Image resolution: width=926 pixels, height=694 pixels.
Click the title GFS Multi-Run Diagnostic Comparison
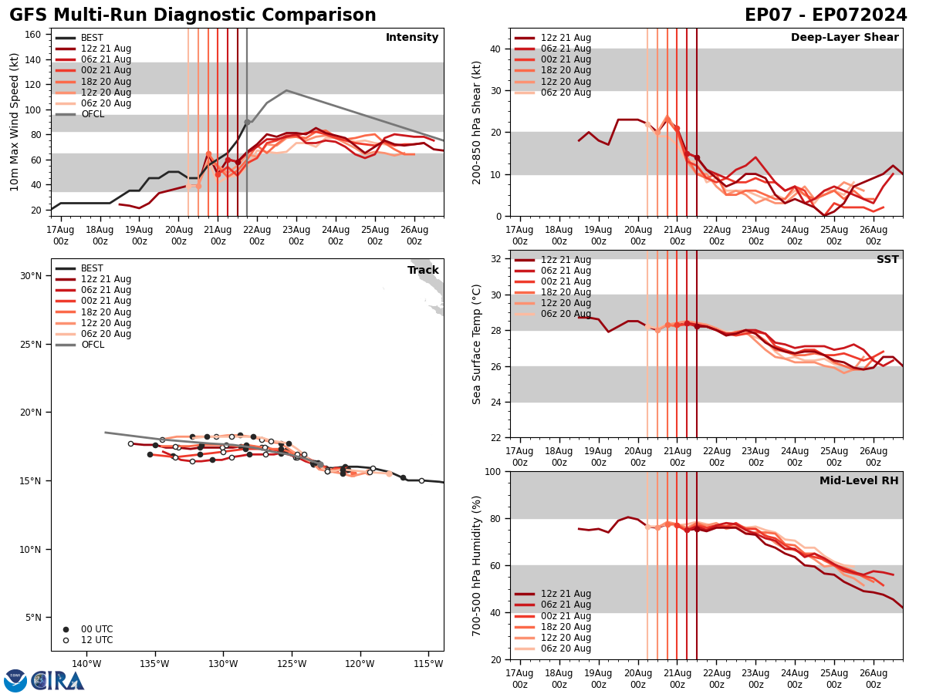[x=193, y=15]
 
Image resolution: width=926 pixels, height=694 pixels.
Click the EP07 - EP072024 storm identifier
[x=826, y=15]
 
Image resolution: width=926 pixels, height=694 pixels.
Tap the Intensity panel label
[x=412, y=38]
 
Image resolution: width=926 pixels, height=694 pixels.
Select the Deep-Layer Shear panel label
[x=844, y=38]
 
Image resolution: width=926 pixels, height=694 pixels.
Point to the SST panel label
[x=887, y=260]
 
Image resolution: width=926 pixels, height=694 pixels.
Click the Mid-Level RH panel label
[x=859, y=481]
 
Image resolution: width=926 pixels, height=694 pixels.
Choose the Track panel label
[x=423, y=271]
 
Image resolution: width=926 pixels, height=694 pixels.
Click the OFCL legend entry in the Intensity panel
[x=92, y=114]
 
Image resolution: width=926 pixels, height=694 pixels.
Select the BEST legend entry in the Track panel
[x=92, y=268]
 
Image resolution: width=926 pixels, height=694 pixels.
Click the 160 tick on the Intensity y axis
[x=34, y=35]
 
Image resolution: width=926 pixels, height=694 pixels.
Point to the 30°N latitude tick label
[x=31, y=276]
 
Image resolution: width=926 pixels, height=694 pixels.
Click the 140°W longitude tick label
[x=86, y=664]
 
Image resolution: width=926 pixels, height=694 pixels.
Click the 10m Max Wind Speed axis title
[x=15, y=122]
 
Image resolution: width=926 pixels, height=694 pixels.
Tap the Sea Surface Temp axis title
[x=477, y=344]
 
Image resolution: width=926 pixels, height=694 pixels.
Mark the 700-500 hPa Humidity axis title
[x=477, y=565]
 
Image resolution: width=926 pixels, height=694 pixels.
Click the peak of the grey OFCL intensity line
[x=286, y=90]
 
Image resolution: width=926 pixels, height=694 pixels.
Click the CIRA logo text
[x=58, y=680]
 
